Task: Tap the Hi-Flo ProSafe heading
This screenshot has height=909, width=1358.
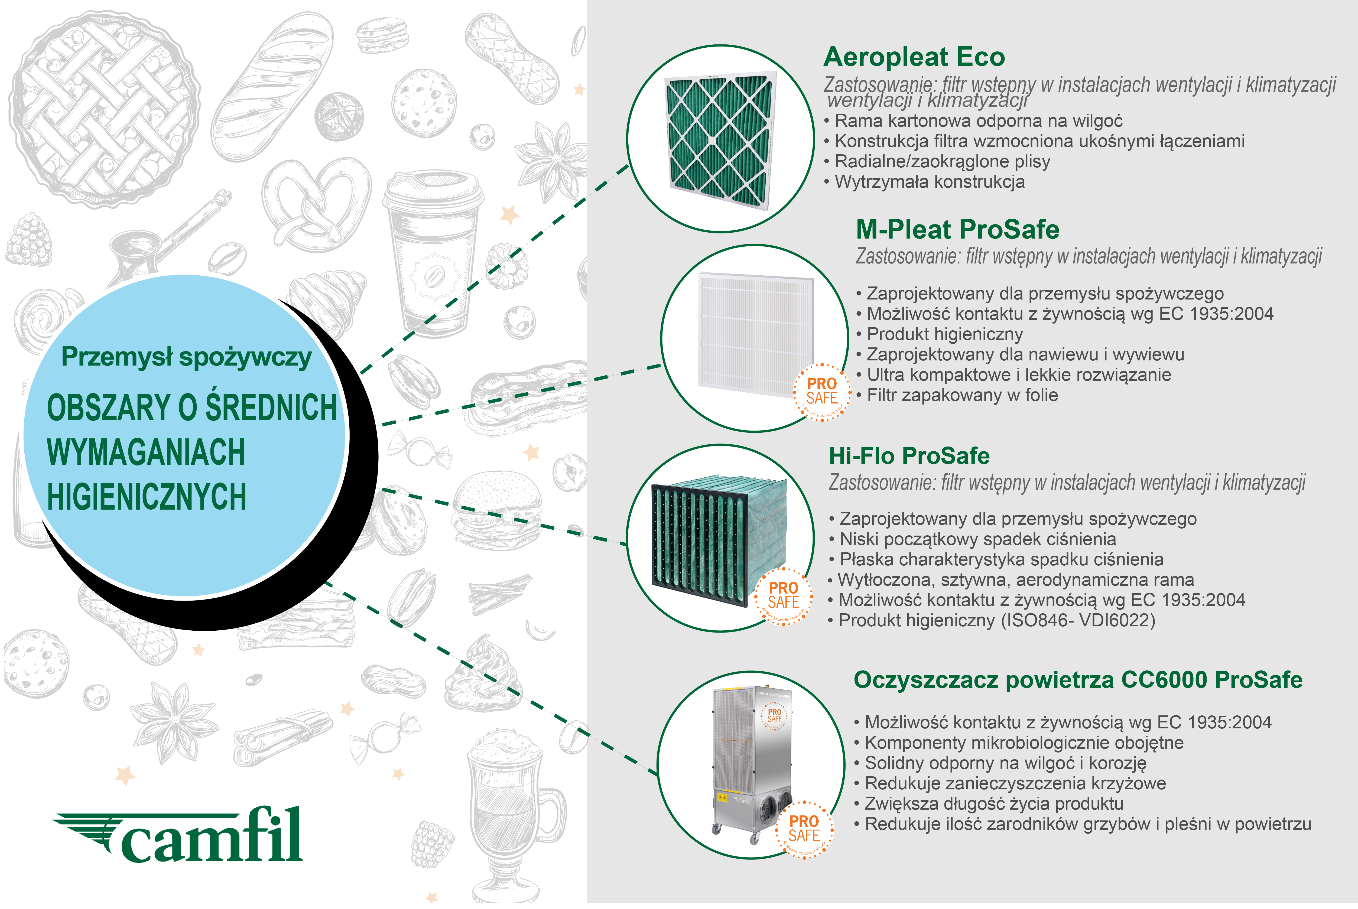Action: click(x=909, y=456)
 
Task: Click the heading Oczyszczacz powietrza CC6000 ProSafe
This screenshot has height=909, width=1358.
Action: click(x=1077, y=680)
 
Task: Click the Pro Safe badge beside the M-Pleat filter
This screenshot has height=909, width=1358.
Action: click(x=822, y=392)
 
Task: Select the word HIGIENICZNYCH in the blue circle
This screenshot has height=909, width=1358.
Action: click(x=147, y=497)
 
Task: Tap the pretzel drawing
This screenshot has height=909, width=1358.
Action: click(x=316, y=203)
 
